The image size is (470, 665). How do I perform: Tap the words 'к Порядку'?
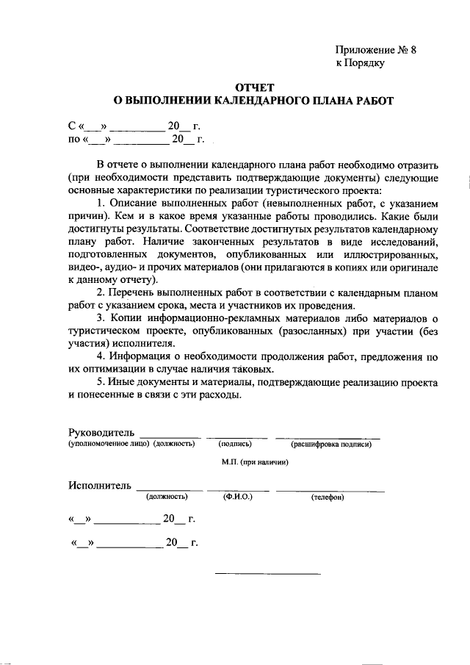click(x=361, y=63)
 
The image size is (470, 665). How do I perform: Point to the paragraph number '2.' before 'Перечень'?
click(x=101, y=293)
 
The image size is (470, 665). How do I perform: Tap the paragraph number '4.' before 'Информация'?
click(x=101, y=357)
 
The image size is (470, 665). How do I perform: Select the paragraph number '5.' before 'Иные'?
click(x=101, y=383)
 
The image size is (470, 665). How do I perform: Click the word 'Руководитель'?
click(x=101, y=431)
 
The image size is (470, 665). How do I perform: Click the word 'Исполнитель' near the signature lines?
click(x=100, y=485)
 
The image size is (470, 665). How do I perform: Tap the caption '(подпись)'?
click(x=235, y=444)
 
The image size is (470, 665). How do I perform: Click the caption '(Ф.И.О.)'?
click(x=238, y=497)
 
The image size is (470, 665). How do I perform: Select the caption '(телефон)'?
click(x=328, y=497)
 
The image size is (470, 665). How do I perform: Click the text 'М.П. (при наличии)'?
click(x=254, y=462)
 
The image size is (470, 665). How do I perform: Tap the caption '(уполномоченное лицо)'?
click(x=109, y=444)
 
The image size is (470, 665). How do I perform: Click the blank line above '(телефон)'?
click(x=330, y=490)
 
